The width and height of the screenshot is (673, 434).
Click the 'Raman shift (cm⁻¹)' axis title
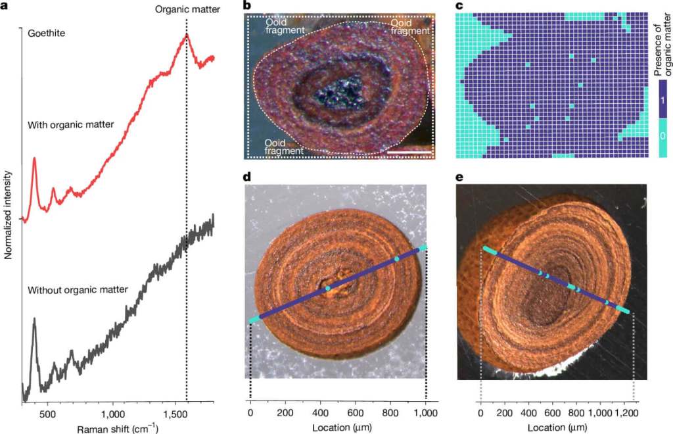(x=117, y=429)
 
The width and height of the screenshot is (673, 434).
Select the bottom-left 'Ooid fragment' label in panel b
(x=284, y=146)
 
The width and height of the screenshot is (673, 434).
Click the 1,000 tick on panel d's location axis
(x=426, y=413)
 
